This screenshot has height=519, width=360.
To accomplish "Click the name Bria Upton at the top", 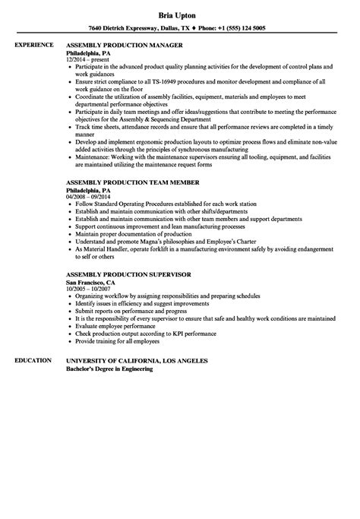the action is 180,14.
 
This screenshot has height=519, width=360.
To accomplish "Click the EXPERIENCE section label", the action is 35,45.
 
